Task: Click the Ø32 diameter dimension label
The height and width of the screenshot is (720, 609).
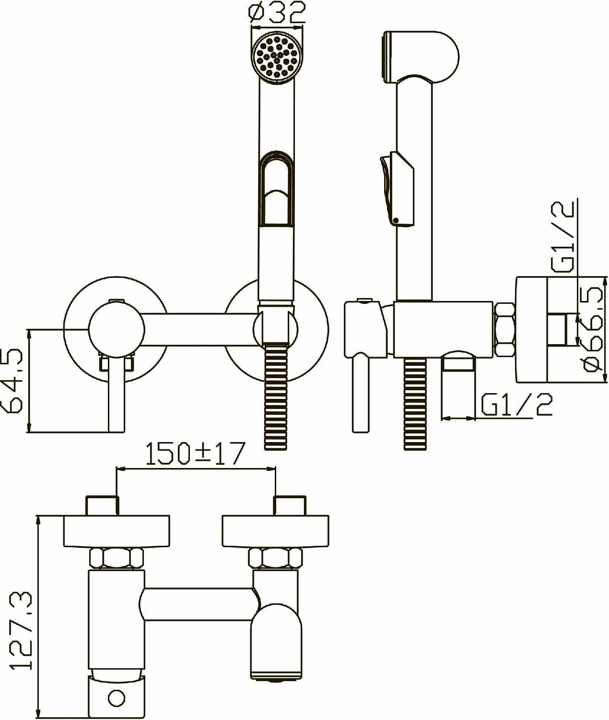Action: coord(278,12)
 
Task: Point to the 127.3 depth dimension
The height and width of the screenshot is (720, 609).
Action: coord(20,630)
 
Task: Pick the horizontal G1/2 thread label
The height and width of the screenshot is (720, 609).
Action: coord(516,405)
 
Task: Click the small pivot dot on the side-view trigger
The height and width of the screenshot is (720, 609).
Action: coord(396,220)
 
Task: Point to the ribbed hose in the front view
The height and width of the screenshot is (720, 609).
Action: coord(276,398)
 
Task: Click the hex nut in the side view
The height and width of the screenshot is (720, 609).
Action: coord(504,329)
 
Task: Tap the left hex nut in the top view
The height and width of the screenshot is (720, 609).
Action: coord(117,558)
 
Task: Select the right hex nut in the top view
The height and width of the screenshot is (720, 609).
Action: coord(276,558)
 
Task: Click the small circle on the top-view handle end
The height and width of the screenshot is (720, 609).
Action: coord(117,697)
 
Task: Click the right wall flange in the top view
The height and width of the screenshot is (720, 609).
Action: coord(276,531)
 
